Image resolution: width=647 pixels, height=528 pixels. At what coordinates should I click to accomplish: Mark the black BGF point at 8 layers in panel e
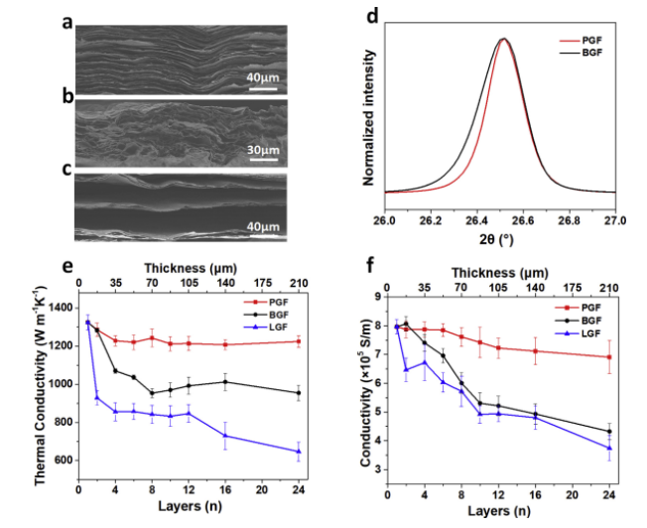[x=152, y=393]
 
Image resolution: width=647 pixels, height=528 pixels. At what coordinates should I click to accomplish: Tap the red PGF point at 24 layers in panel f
[x=607, y=357]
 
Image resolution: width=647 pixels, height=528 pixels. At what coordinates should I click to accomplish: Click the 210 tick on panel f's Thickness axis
[x=607, y=286]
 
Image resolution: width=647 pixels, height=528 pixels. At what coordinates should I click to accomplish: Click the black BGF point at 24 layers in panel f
[x=607, y=432]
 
